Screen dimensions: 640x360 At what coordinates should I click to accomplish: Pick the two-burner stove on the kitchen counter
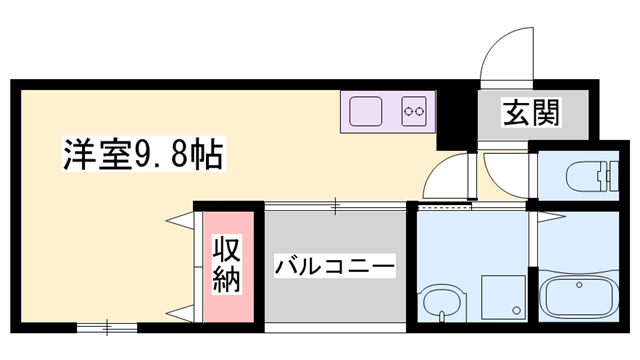click(x=414, y=110)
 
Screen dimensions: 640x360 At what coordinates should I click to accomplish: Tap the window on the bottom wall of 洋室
click(x=106, y=326)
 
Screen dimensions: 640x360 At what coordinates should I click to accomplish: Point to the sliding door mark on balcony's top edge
click(x=336, y=206)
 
